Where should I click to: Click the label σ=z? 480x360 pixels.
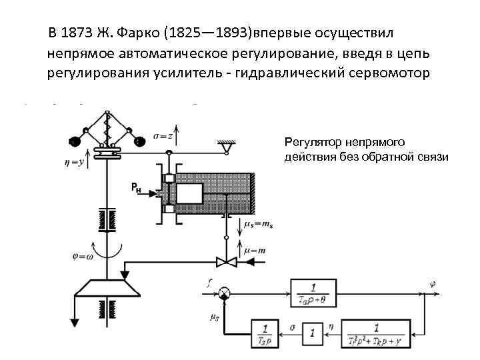[x=163, y=135]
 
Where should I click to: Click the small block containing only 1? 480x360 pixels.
[x=311, y=332]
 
